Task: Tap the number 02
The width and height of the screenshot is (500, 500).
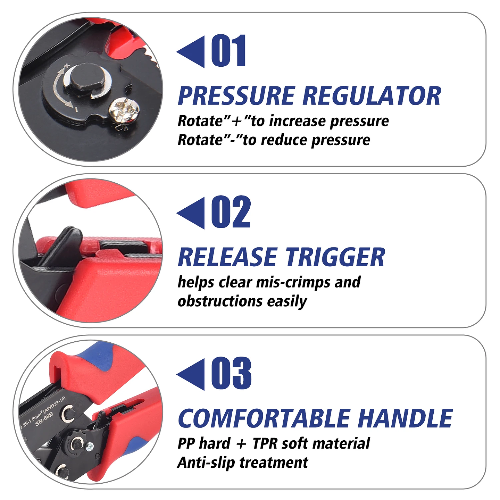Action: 231,212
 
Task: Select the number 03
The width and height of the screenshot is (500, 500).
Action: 231,373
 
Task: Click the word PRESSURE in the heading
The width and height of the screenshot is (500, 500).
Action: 236,96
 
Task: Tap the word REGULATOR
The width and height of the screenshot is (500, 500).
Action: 372,96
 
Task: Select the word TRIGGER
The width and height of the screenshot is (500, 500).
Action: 335,257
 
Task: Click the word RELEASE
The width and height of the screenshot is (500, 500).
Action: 228,257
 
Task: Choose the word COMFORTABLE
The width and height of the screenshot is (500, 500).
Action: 264,418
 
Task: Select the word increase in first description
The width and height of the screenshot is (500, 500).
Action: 298,121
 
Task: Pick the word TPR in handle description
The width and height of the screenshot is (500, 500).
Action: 265,444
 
